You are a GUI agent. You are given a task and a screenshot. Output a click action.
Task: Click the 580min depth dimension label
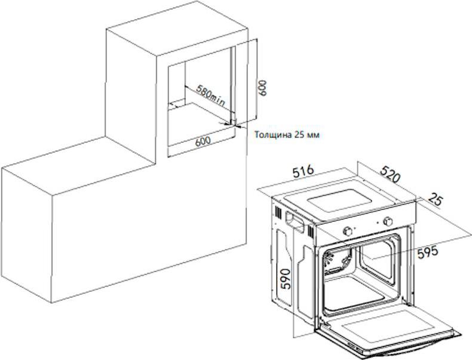[210, 95]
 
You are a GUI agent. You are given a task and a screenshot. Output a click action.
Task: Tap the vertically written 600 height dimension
[262, 88]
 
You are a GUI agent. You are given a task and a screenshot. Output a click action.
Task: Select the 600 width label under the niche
[203, 141]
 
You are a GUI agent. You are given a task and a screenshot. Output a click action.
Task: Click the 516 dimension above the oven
[304, 172]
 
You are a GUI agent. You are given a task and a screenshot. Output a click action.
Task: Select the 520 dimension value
[390, 174]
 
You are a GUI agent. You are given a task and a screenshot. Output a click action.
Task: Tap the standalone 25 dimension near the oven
[435, 200]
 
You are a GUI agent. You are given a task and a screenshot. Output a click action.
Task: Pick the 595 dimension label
[427, 252]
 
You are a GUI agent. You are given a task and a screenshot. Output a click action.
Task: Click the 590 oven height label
[286, 279]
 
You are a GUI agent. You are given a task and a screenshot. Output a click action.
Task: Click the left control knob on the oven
[348, 231]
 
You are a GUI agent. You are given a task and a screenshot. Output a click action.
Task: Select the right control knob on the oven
[388, 222]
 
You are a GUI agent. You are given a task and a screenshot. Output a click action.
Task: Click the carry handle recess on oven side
[295, 222]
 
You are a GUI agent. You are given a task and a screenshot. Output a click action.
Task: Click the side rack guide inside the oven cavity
[337, 261]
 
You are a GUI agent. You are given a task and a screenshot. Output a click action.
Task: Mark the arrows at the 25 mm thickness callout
[232, 125]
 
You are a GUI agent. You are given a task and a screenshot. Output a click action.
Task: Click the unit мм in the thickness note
[312, 135]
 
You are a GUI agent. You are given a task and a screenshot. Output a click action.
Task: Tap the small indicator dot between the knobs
[377, 223]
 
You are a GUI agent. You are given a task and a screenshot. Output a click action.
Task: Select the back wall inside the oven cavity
[377, 259]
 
